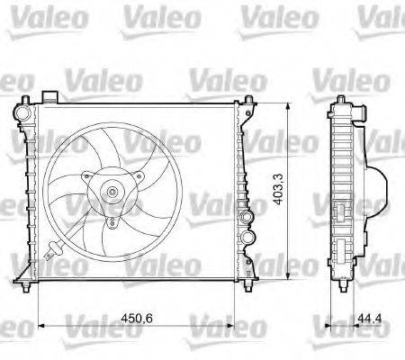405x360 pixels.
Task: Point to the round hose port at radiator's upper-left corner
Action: coord(20,112)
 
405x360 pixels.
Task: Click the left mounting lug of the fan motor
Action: coord(84,176)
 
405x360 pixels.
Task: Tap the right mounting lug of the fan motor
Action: coord(141,177)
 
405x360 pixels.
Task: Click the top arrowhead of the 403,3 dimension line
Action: coord(286,105)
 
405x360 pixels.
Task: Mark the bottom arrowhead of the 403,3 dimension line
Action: coord(286,275)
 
